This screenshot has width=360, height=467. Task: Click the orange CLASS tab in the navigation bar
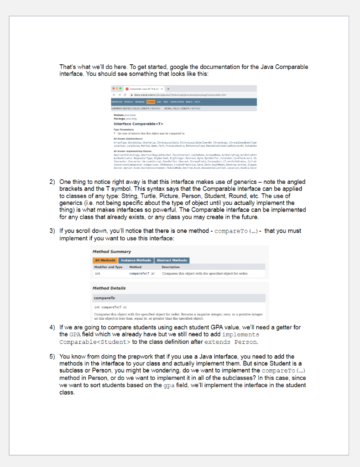pos(150,102)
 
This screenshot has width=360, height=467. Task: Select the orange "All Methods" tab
pos(105,260)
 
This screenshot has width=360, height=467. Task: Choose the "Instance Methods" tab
pos(136,260)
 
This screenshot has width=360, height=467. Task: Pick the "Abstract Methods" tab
pos(172,260)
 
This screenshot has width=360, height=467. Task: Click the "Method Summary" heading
pos(111,252)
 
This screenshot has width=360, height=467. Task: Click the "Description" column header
pos(171,267)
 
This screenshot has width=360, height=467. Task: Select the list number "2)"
pos(52,182)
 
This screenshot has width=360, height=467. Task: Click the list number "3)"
pos(52,231)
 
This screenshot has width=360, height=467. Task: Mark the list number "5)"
pos(52,357)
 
